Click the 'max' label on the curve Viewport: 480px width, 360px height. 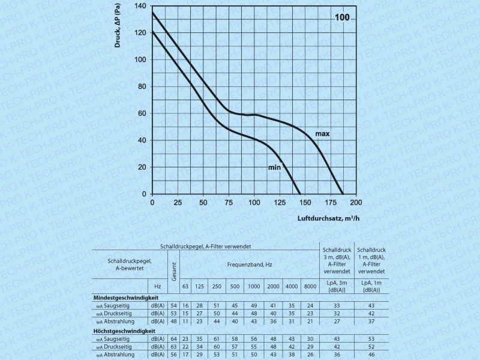(323, 133)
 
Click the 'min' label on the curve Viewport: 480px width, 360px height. (275, 167)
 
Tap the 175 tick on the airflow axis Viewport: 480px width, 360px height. (330, 203)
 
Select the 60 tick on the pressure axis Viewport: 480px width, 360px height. (142, 113)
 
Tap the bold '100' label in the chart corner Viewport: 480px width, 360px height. (342, 17)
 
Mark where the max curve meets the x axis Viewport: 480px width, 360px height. (343, 194)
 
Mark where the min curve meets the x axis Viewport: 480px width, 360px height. (301, 194)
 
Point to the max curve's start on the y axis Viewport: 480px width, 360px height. (152, 13)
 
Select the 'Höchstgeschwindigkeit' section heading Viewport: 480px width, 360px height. (124, 331)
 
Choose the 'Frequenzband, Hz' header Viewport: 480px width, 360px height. (250, 265)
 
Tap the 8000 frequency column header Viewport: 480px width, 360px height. (310, 286)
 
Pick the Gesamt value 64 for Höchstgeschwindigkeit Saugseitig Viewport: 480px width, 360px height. (174, 339)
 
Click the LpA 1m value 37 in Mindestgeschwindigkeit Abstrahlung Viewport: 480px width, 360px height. (371, 321)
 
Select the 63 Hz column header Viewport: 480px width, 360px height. (185, 286)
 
